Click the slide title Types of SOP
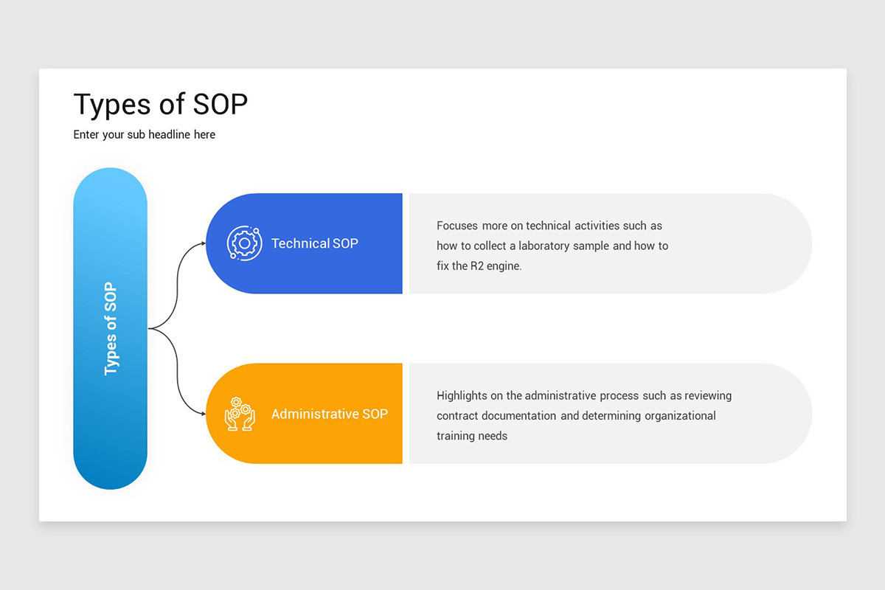pos(161,105)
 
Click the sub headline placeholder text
pos(145,135)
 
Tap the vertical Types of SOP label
pos(111,328)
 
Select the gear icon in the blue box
pos(244,243)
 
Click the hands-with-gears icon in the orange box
pos(240,414)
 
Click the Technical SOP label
pos(315,243)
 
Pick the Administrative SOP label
pos(329,414)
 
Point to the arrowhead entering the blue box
pos(203,243)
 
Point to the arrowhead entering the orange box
pos(203,414)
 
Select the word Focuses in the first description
pos(457,226)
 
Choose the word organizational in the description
pos(680,416)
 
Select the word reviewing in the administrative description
pos(709,396)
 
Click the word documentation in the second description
pos(521,416)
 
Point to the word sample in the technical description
pos(592,246)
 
